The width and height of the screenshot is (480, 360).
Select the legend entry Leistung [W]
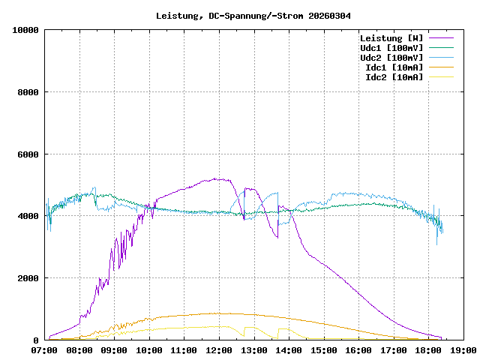coord(391,38)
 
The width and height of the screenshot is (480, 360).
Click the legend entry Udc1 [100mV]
coord(391,48)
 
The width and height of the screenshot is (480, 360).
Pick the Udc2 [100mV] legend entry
coord(391,58)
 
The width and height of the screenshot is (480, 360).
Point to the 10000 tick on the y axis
coord(25,30)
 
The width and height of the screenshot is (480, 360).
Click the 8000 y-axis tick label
coord(28,92)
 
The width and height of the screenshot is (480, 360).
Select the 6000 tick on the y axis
coord(28,154)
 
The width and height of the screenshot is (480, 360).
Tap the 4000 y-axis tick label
coord(28,216)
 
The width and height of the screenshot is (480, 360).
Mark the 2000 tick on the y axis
coord(28,278)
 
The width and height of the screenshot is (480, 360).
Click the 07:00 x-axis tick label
coord(45,349)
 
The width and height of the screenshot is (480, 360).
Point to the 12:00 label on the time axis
coord(219,349)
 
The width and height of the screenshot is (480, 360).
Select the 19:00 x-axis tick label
coord(463,349)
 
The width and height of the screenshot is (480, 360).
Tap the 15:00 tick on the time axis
coord(323,349)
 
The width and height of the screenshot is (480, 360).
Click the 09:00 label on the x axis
coord(115,349)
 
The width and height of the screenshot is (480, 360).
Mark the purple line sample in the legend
coord(441,38)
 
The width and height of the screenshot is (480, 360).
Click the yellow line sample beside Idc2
coord(441,77)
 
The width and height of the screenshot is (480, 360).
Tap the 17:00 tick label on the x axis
coord(393,349)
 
